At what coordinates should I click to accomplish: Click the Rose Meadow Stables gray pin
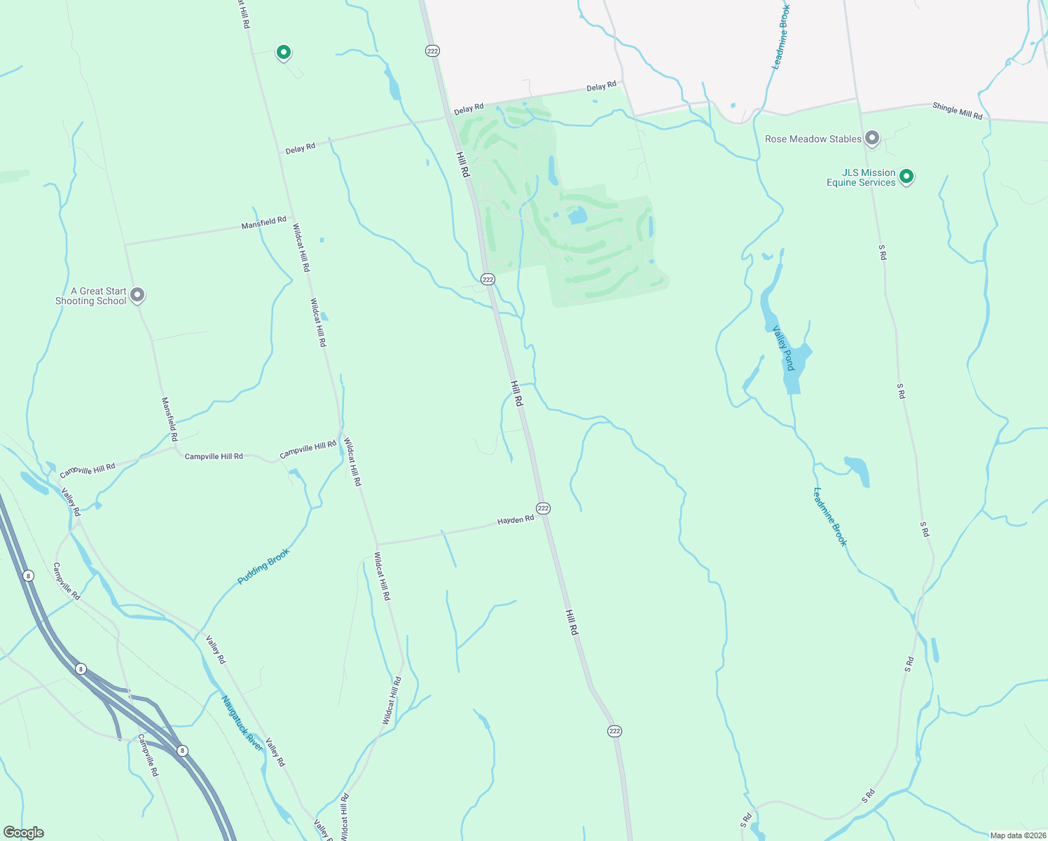871,138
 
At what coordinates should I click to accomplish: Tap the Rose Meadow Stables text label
813,139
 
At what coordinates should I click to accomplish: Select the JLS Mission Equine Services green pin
906,176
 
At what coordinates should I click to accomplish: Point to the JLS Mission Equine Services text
861,177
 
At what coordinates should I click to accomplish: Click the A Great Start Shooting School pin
138,295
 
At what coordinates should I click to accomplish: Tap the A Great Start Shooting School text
91,296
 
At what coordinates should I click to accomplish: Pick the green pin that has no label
283,52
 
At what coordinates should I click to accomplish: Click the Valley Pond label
784,348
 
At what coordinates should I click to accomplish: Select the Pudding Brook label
263,566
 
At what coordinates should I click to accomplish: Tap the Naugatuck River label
242,723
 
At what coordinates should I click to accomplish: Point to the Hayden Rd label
516,520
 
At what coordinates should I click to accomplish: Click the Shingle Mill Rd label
957,111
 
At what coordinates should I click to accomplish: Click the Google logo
23,833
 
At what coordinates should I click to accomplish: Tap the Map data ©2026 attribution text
1017,835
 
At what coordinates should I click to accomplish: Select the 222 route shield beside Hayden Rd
543,508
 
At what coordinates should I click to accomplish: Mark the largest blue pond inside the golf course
577,215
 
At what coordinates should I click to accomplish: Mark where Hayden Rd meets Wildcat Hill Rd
377,545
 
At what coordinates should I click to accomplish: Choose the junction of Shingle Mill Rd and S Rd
858,111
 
